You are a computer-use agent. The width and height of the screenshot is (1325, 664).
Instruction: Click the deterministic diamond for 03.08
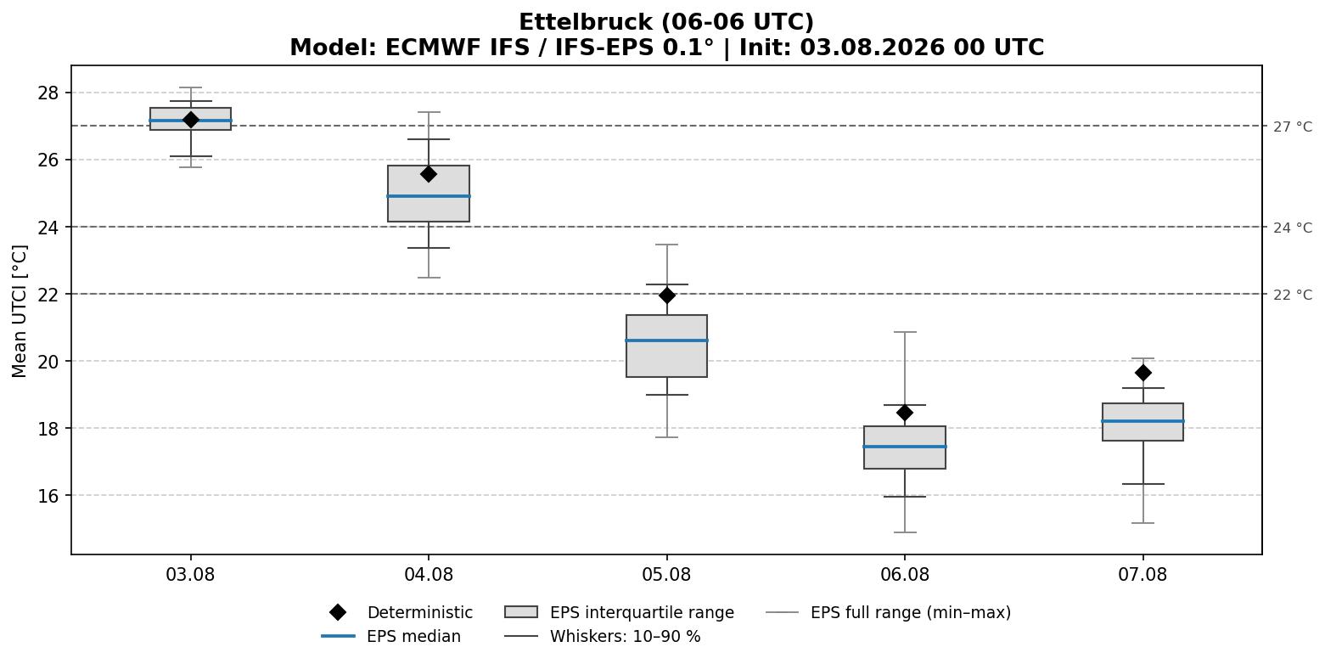tap(190, 120)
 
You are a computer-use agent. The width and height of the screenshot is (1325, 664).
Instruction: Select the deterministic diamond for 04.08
tap(429, 174)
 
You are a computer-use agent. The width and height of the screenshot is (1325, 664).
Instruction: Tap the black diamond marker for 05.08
tap(666, 295)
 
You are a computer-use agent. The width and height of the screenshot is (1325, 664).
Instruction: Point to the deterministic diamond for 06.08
tap(905, 413)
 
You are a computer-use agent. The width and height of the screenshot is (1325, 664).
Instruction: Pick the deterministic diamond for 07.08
tap(1143, 373)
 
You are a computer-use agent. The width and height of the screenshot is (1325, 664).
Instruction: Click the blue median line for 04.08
tap(429, 196)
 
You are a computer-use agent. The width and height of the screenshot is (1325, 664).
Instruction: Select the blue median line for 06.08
tap(905, 447)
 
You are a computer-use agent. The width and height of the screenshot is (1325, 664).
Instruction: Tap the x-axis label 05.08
tap(666, 575)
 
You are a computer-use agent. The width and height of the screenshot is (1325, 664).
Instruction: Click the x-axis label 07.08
tap(1143, 575)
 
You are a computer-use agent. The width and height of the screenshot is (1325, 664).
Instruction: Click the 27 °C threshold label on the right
tap(1293, 127)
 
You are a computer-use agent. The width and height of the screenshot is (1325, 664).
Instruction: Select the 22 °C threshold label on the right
tap(1293, 295)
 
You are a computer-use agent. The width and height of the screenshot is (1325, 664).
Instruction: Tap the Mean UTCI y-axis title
tap(20, 312)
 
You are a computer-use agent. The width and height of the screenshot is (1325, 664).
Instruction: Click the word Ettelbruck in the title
tap(587, 22)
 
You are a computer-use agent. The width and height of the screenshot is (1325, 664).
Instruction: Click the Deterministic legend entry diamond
tap(338, 612)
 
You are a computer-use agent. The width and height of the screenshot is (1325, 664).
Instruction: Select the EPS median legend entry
tap(391, 636)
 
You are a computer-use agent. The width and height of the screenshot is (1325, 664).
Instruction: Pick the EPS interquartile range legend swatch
tap(520, 612)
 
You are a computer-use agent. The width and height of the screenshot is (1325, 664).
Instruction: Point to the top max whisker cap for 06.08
tap(905, 332)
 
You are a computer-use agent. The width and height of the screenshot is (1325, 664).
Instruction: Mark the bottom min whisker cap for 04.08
tap(429, 278)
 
